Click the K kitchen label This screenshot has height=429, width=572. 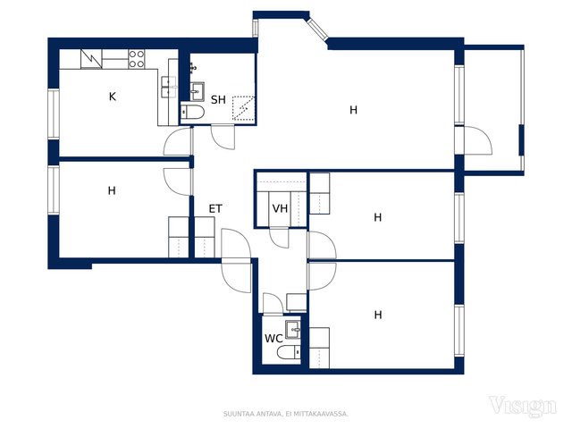coord(113,97)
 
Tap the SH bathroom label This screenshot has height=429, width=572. coord(218,99)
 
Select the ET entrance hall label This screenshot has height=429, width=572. coord(215,208)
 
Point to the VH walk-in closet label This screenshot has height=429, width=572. coord(280,208)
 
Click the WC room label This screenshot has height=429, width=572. coord(273,339)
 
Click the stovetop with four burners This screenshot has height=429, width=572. coord(137,59)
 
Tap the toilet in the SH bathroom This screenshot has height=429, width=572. coord(193,111)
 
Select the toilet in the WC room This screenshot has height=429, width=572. coord(289,353)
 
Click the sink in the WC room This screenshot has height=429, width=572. coord(292,330)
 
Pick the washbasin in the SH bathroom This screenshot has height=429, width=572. coord(197,91)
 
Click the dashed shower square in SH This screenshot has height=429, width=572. coord(243,107)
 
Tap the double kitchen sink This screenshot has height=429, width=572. coord(169,88)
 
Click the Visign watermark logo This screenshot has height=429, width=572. coord(523,406)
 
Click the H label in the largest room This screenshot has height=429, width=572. coord(353,110)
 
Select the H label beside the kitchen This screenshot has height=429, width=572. coord(112,190)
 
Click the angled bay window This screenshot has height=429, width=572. coord(317,29)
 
